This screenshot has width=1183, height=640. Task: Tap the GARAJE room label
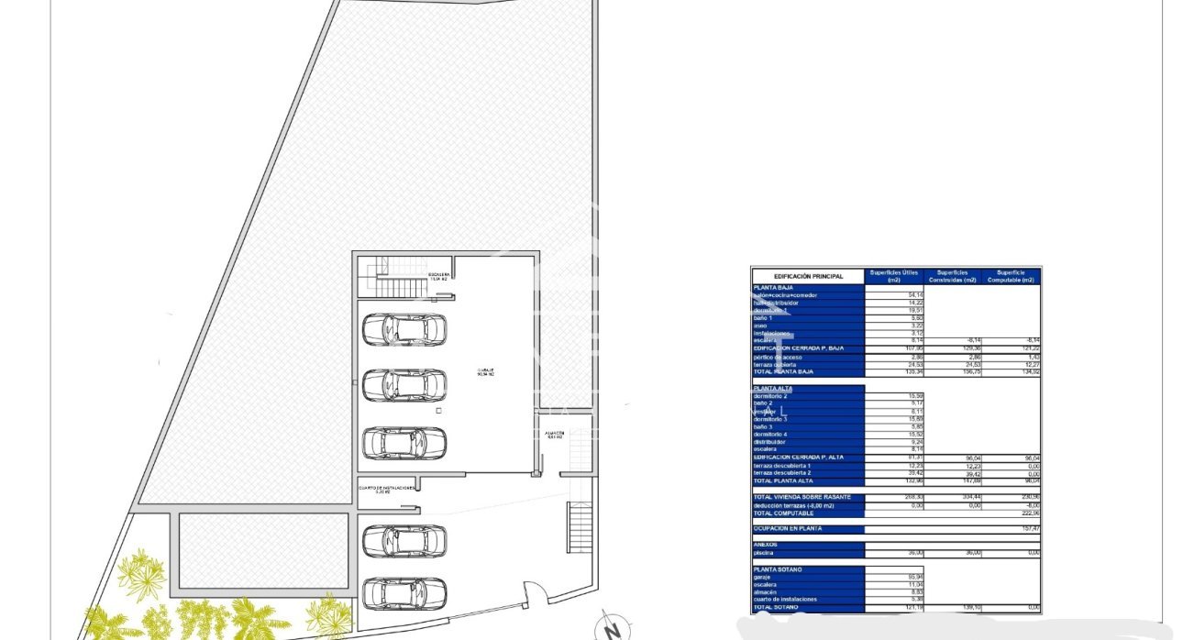[485, 372]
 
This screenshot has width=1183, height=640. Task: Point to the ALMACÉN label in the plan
[554, 435]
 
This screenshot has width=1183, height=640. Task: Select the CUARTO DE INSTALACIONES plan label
[388, 489]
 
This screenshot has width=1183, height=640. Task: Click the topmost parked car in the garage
[404, 329]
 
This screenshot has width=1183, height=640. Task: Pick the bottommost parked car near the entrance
[404, 593]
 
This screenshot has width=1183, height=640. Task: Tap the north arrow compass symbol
[609, 629]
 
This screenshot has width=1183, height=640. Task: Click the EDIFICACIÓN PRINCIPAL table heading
[808, 276]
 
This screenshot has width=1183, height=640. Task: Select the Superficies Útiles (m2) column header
[893, 276]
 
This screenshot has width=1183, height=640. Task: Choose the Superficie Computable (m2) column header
[1011, 276]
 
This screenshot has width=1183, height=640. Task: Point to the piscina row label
[764, 553]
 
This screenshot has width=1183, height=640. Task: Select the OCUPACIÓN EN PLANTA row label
[787, 529]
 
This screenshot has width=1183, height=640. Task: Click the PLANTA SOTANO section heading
[779, 569]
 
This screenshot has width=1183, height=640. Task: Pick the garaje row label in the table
[763, 577]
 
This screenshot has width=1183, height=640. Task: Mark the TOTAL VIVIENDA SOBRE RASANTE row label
[802, 497]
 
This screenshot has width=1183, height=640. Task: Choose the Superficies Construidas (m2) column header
[952, 276]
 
